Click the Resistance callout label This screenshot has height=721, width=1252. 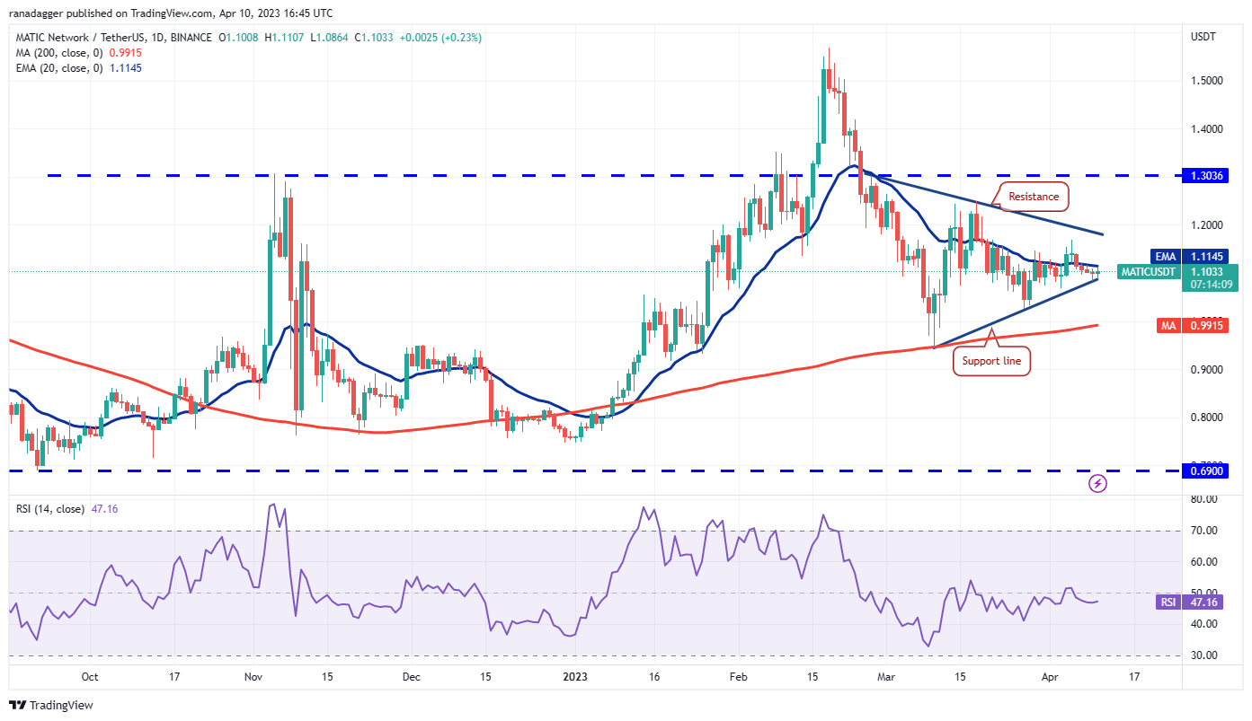tap(1033, 196)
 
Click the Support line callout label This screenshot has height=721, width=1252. tap(991, 361)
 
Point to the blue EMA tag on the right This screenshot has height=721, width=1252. tap(1168, 256)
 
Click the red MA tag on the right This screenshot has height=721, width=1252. tap(1168, 325)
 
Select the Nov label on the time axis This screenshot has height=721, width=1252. tap(253, 677)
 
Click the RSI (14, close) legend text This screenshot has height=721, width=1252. tap(50, 509)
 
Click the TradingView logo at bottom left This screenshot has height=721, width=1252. tap(51, 705)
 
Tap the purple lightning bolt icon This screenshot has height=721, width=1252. tap(1097, 484)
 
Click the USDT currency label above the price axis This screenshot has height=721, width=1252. tap(1203, 37)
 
